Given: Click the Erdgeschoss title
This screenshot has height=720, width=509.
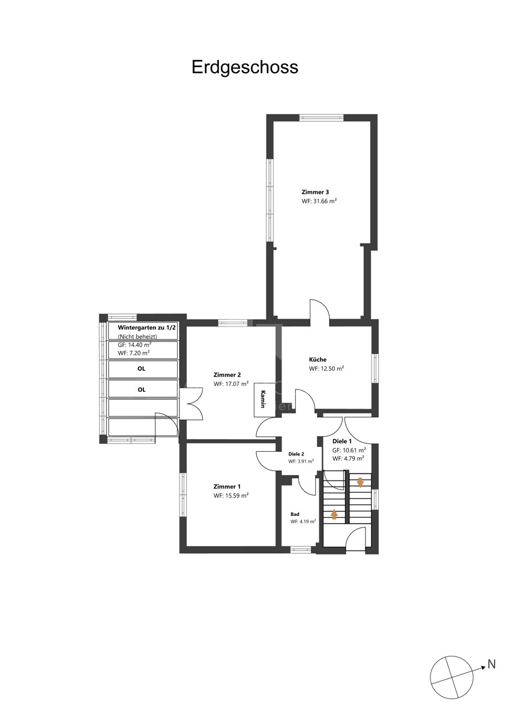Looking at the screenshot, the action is coord(245,68).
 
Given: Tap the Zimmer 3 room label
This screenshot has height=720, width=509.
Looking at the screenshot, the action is coord(315,192).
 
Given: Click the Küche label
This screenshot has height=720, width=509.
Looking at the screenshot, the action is coord(318,359).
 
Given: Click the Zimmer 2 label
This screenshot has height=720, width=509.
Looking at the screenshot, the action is coord(227,375).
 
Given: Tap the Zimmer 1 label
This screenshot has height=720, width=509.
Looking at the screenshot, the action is coord(227,487).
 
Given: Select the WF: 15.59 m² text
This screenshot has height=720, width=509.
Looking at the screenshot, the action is coord(231,496).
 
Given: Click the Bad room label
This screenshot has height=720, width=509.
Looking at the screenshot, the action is coord(295,514).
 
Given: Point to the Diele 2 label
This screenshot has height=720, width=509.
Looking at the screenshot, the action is coord(296,454).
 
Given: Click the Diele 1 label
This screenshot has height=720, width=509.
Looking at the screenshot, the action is coord(342,442).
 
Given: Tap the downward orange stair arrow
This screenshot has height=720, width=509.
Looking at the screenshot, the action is coord(360,482).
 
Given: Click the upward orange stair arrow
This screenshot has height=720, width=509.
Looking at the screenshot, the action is coord(334,515).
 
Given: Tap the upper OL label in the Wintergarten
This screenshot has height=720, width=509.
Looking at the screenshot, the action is coord(142,368).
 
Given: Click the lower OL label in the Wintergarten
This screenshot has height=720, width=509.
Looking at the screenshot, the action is coord(142,389).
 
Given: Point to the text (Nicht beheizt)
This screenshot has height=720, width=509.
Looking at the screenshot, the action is coord(137,337).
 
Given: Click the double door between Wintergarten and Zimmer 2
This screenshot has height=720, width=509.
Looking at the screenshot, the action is coord(191,403).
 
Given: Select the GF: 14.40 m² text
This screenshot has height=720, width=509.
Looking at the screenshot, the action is coord(134,345).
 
